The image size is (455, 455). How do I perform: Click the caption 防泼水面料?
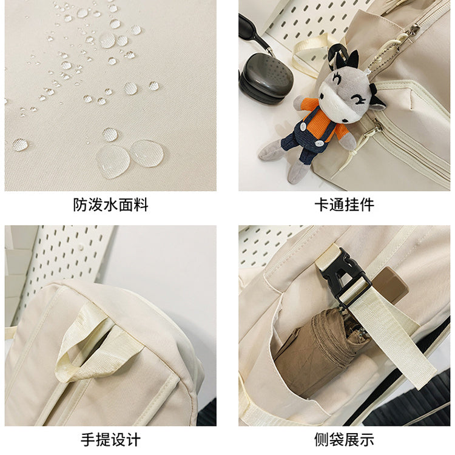[x=110, y=205]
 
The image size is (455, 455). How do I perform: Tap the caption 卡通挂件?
[x=344, y=205]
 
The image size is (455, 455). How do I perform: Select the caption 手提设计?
[x=110, y=440]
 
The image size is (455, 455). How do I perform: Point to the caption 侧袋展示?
[x=344, y=440]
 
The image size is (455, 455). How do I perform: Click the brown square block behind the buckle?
[x=390, y=284]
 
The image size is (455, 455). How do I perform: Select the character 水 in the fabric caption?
[x=110, y=205]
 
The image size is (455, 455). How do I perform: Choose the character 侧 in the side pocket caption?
[x=322, y=440]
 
